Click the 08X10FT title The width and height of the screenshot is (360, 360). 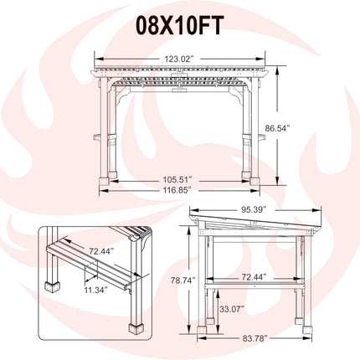[x=180, y=25]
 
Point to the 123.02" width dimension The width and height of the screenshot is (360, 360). [x=179, y=59]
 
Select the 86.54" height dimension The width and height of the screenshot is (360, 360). [x=278, y=128]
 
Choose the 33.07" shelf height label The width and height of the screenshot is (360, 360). [x=232, y=309]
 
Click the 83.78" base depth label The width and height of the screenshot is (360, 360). [x=255, y=338]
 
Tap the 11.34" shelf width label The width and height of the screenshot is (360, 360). [x=96, y=291]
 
